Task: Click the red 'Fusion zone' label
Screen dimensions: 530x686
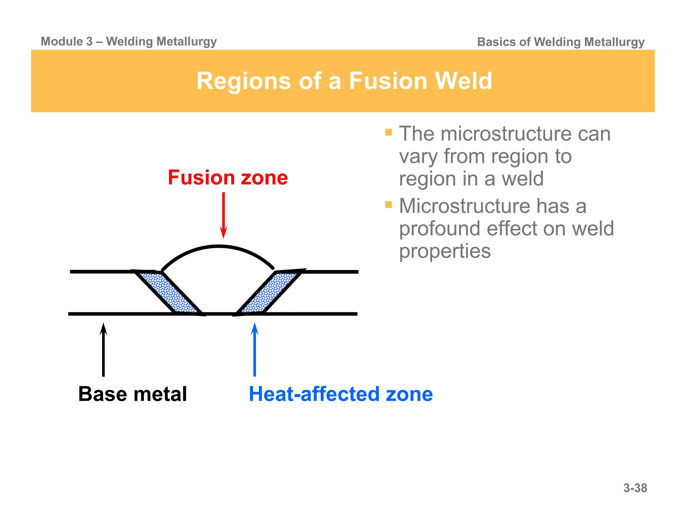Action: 228,178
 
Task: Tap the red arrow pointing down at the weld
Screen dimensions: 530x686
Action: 223,214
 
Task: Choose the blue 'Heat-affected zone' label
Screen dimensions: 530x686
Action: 341,394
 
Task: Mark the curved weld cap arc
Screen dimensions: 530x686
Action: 218,247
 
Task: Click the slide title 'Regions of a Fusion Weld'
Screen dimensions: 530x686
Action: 344,81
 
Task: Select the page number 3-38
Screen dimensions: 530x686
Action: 635,488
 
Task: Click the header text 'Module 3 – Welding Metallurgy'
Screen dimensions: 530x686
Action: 129,42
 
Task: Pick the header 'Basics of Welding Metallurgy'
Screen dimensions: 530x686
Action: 560,42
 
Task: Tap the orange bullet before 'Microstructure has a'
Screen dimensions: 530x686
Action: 389,204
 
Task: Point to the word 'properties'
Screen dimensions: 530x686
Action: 445,251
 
